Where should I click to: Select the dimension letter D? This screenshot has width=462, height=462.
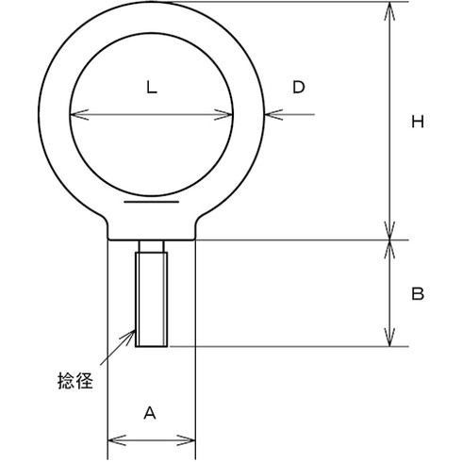[x=298, y=88]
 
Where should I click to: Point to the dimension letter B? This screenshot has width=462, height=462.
[x=418, y=293]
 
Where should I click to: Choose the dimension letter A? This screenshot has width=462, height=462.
[x=150, y=412]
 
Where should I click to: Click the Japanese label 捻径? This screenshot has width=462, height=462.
[x=75, y=383]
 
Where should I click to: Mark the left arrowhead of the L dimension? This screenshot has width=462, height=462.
[x=77, y=116]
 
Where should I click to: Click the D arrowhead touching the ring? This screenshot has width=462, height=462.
[x=272, y=116]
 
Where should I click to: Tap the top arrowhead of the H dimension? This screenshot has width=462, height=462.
[x=388, y=9]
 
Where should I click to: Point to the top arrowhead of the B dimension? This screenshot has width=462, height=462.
[x=388, y=246]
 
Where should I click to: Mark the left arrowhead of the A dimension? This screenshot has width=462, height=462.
[x=114, y=439]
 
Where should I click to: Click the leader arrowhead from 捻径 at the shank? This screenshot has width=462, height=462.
[x=131, y=332]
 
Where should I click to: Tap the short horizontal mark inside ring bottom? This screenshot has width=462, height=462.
[x=151, y=201]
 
